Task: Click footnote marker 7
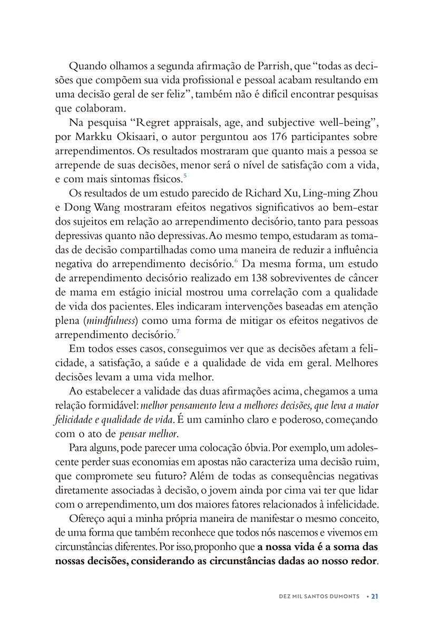(x=178, y=332)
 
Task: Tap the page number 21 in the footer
(x=375, y=596)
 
